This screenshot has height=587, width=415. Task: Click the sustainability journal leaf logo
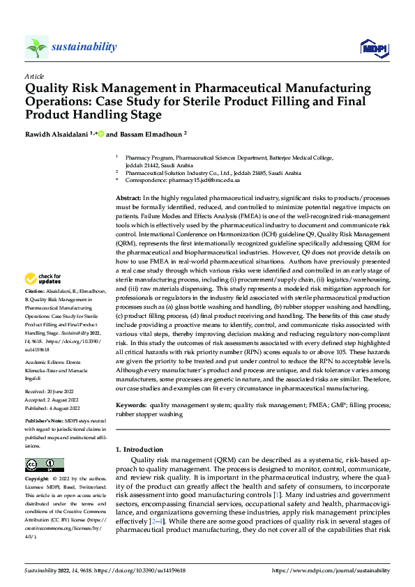coord(36,47)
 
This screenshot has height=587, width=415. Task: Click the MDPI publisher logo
coord(372,47)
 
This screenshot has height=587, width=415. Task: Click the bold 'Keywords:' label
coord(131,404)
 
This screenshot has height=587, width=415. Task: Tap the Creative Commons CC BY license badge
coord(44,465)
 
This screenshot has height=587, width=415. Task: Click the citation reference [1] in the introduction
coord(277,494)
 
